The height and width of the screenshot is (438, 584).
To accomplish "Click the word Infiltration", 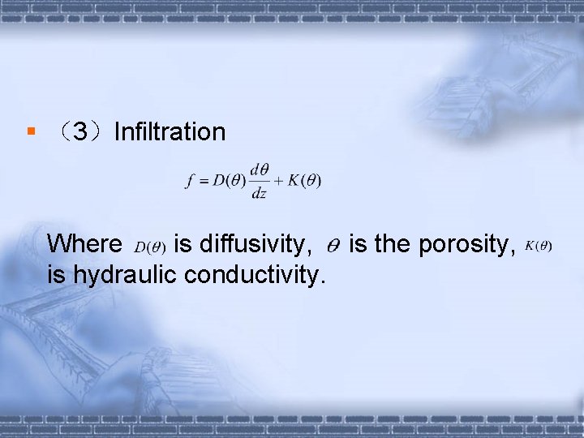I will pos(170,131).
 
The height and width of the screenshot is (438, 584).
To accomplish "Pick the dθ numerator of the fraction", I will pos(260,170).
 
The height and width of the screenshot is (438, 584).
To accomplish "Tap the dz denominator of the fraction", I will pos(259,193).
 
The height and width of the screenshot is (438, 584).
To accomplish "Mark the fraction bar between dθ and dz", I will pos(260,181).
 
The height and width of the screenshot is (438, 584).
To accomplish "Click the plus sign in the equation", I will pos(276,181).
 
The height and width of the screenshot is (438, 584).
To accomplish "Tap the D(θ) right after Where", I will pos(150,245).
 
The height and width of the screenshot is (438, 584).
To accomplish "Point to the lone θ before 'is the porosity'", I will pos(333,243).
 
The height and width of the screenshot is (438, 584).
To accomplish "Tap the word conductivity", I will pos(255,275).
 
